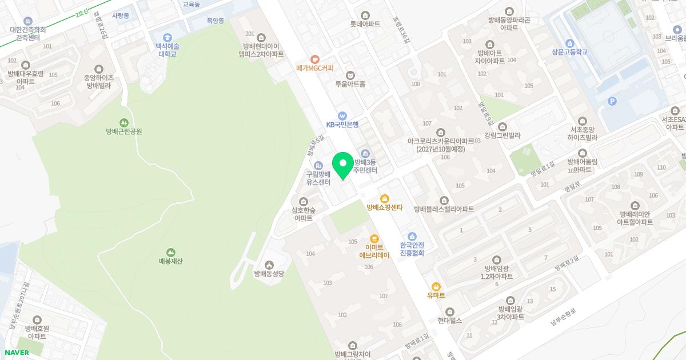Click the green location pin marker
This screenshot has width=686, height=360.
tap(343, 165)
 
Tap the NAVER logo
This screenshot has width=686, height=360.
tap(17, 353)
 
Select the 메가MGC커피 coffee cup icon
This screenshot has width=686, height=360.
tap(314, 59)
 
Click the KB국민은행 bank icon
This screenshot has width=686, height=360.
tap(342, 115)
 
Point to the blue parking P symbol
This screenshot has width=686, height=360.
tap(612, 101)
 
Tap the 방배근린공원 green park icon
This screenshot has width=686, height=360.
tap(123, 122)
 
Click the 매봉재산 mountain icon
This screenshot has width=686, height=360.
tap(170, 252)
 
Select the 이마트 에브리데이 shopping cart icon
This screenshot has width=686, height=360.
tap(374, 238)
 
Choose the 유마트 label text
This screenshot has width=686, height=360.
tap(436, 295)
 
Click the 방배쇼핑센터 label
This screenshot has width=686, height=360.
tap(385, 208)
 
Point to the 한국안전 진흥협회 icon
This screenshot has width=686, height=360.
tap(412, 237)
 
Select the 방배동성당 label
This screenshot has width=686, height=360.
tap(269, 273)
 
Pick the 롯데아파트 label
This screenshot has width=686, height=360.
tap(365, 25)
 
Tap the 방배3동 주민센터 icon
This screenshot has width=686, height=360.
tap(365, 153)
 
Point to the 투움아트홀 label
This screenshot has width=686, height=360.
tap(350, 83)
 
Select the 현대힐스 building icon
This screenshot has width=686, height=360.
tap(449, 311)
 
